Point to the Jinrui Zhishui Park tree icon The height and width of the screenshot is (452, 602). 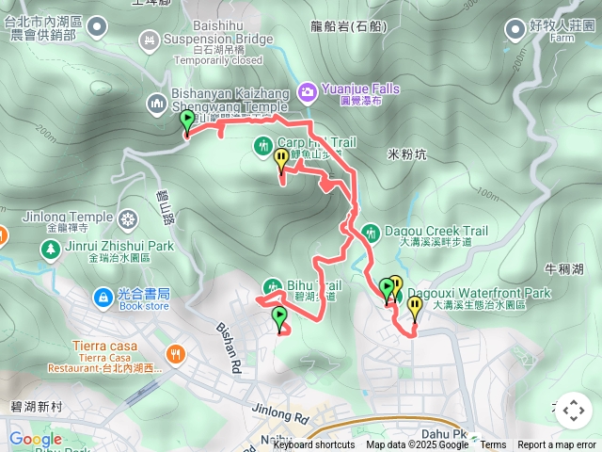48,250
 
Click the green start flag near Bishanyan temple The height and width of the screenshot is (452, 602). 186,121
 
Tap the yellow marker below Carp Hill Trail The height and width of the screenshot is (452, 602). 281,161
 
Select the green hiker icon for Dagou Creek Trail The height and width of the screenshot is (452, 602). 371,231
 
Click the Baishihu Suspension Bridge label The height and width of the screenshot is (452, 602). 217,40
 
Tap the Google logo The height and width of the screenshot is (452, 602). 35,439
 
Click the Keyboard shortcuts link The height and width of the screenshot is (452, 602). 313,445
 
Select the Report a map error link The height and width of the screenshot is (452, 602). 557,445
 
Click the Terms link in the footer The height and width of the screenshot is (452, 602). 493,445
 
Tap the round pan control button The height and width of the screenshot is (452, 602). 573,411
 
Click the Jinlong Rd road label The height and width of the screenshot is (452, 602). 279,412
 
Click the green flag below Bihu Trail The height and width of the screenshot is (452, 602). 279,318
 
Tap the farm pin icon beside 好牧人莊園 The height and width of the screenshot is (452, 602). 515,30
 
